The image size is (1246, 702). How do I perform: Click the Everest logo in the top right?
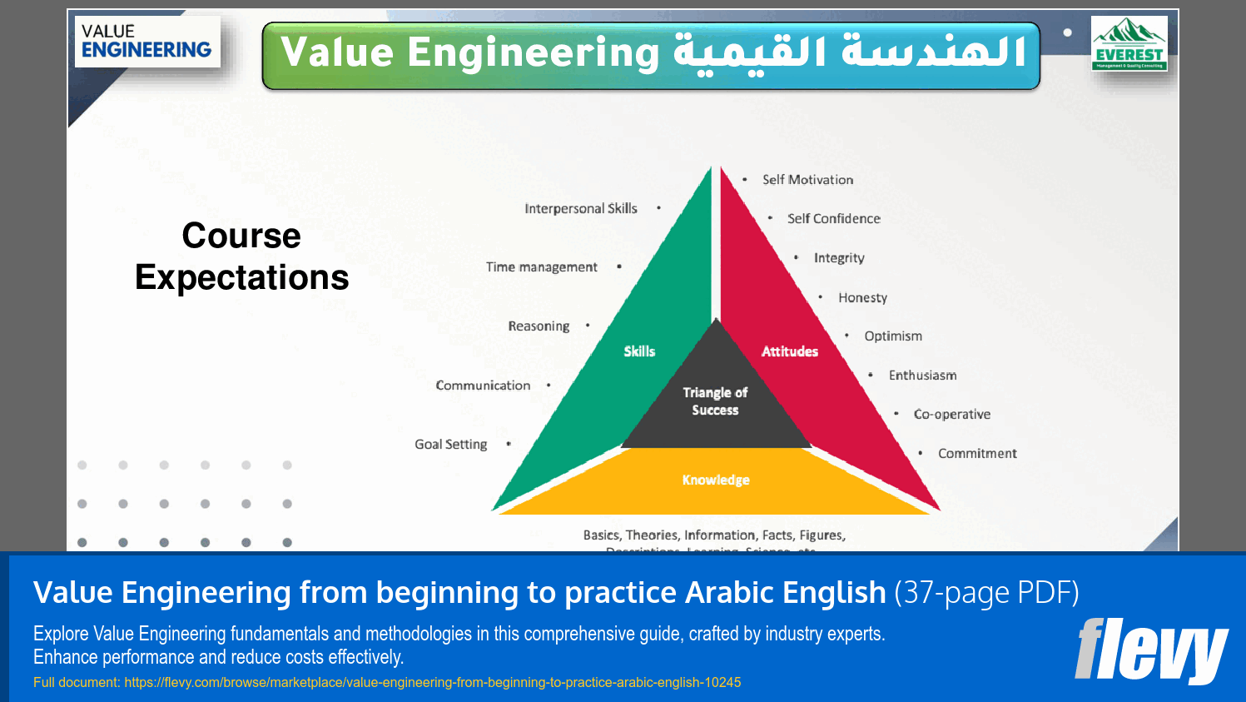[x=1129, y=43]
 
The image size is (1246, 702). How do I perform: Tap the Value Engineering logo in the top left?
[x=146, y=42]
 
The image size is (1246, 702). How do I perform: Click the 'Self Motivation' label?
[x=807, y=180]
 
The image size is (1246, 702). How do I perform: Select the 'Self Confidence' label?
[x=833, y=219]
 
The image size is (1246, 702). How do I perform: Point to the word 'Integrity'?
[x=839, y=258]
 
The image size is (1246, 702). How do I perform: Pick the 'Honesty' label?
[x=862, y=298]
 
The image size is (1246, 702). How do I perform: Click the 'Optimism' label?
[x=892, y=336]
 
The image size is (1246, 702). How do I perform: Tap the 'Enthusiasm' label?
[x=922, y=376]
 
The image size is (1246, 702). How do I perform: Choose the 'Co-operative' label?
[x=951, y=415]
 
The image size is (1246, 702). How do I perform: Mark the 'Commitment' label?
[x=977, y=454]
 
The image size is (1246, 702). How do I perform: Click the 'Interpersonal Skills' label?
[x=580, y=209]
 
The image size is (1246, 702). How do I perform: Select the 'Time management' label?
[x=541, y=267]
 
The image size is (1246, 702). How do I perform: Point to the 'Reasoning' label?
[x=539, y=326]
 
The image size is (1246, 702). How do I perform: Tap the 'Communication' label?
[x=483, y=386]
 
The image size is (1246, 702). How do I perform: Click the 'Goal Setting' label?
[x=450, y=445]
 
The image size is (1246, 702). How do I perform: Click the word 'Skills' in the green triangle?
[x=639, y=351]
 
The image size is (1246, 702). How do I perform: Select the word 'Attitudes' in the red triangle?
[x=789, y=351]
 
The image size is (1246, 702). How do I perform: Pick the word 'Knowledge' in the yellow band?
[x=716, y=480]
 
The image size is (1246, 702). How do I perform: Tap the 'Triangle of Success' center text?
[x=715, y=401]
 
